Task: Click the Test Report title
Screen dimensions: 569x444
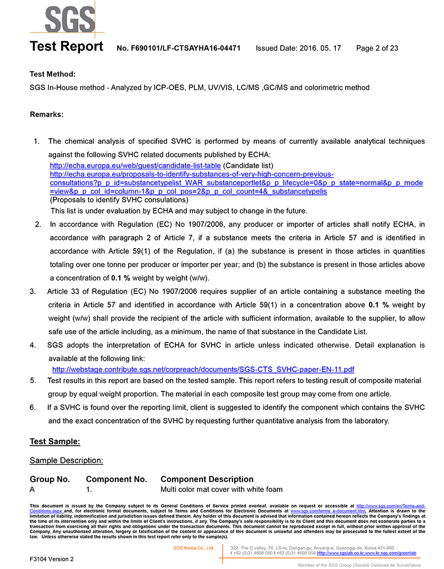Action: tap(66, 48)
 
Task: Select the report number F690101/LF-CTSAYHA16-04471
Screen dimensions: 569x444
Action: tap(178, 48)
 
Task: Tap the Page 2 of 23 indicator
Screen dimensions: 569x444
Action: tap(377, 48)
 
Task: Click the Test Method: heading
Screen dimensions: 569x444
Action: tap(53, 74)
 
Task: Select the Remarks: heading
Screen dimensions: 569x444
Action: tap(47, 115)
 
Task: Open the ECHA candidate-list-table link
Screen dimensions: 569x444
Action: tap(135, 165)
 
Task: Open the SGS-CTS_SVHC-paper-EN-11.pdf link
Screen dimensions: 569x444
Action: tap(203, 369)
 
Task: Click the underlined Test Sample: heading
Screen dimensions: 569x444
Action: tap(55, 442)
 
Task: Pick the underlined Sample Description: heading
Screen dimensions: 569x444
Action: tap(66, 460)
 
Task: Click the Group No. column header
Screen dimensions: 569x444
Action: tap(50, 479)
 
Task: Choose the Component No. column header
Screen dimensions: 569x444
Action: tap(117, 479)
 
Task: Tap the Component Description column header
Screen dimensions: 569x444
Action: tap(207, 479)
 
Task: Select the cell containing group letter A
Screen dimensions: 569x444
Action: tap(32, 489)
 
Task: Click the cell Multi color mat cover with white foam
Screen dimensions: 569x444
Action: tap(221, 489)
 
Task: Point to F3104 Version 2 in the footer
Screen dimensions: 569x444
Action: tap(52, 558)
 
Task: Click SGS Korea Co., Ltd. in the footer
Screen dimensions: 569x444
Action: tap(194, 548)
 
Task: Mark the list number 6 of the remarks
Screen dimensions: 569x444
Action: tap(33, 407)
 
